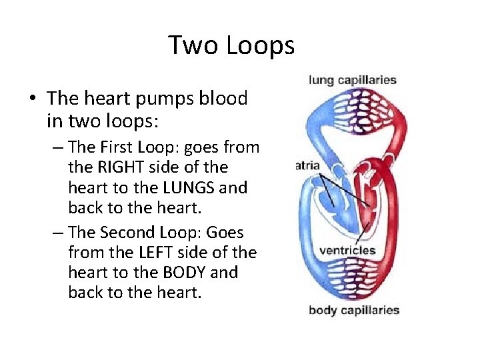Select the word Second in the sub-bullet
(144, 232)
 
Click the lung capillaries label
(353, 80)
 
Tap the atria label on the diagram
(307, 165)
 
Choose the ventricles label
(347, 251)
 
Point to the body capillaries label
(354, 310)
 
